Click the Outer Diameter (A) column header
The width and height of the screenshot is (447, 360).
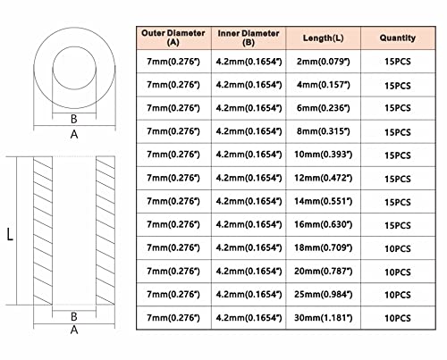(x=173, y=38)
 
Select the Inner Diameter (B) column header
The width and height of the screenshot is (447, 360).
(x=249, y=38)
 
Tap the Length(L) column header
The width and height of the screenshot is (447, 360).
(x=324, y=38)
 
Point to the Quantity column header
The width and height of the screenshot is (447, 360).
(x=398, y=38)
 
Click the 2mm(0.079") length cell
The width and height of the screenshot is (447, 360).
(x=324, y=62)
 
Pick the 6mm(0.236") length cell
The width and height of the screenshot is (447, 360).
(x=324, y=108)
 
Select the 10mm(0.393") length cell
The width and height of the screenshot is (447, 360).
(x=324, y=155)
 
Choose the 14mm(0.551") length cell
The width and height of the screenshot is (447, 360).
(x=324, y=201)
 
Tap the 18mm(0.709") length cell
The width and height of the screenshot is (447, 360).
(x=324, y=247)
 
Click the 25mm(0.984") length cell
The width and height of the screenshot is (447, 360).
(x=324, y=294)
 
